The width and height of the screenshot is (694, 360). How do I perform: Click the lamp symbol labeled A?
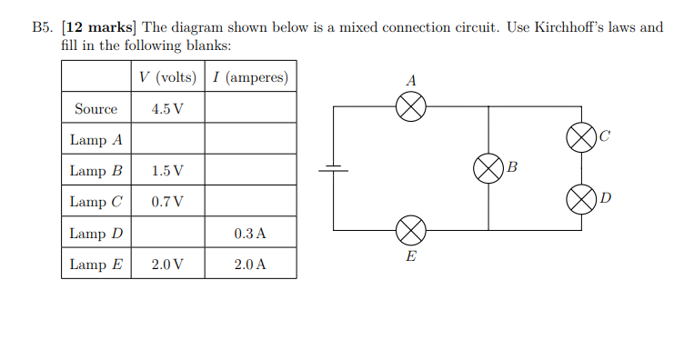point(411,107)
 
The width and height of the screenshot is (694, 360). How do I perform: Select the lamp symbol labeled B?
point(488,168)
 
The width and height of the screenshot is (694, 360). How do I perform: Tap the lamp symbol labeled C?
point(581,138)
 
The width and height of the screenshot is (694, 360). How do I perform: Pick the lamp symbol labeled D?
point(581,198)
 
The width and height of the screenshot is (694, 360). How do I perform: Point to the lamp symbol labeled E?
point(411,230)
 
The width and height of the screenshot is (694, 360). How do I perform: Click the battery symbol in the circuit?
point(333,168)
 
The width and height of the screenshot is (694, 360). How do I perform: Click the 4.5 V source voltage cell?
point(168,109)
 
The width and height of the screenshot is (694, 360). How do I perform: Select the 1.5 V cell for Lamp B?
point(168,171)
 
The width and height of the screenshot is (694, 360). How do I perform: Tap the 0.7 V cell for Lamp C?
point(168,202)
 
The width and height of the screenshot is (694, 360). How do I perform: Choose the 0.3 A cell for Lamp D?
point(250,234)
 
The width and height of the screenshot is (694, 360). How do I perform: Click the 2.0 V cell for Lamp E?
point(168,265)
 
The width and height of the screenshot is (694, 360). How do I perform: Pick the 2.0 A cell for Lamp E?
point(250,265)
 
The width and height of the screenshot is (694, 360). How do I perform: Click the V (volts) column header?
point(168,77)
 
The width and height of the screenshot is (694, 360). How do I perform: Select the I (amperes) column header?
point(250,77)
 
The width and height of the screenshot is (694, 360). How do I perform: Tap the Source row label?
point(96,109)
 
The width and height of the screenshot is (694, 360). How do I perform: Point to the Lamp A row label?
point(96,140)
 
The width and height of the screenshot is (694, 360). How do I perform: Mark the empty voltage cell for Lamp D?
point(168,234)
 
